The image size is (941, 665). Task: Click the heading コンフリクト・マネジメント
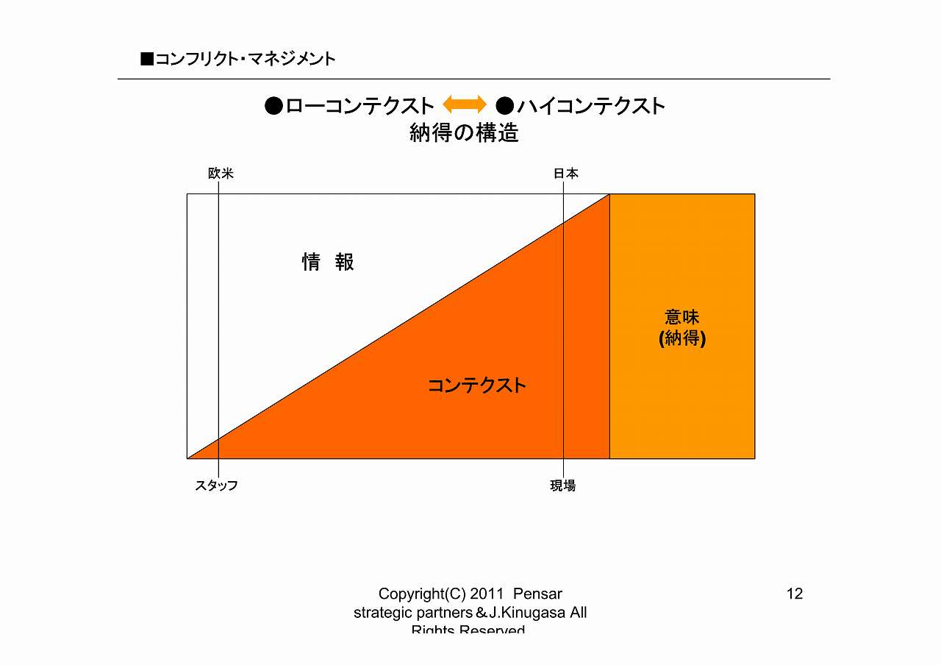[x=245, y=59]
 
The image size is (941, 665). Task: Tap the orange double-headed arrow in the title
[x=465, y=104]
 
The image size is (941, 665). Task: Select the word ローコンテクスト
[x=359, y=106]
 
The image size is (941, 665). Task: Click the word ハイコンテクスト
[x=591, y=106]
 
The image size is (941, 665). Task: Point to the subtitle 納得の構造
[x=464, y=133]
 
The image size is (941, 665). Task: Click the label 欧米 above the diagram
[x=221, y=174]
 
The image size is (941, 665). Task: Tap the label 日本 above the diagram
[x=565, y=174]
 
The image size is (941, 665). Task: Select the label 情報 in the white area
[x=328, y=262]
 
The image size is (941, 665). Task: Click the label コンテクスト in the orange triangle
[x=477, y=385]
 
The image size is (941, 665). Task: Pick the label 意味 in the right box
[x=681, y=317]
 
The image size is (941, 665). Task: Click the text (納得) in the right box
[x=682, y=338]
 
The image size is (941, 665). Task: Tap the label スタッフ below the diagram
[x=216, y=486]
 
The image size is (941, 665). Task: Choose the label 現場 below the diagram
[x=563, y=486]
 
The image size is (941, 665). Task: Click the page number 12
[x=794, y=594]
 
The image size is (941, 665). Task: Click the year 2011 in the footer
[x=486, y=594]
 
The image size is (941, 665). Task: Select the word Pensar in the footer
[x=537, y=594]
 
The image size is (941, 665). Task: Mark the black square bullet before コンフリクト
[x=147, y=59]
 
